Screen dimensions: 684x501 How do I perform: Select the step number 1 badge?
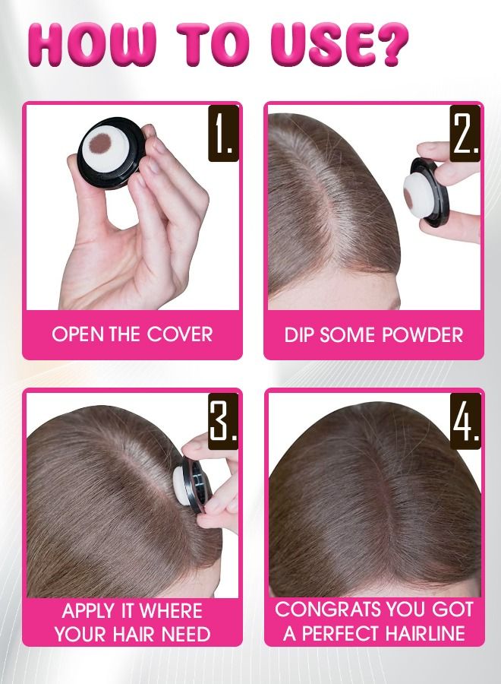click(x=223, y=134)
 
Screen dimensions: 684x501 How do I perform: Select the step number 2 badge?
click(x=465, y=134)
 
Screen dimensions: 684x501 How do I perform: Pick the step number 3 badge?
click(x=223, y=420)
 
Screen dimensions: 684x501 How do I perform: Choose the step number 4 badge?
click(x=465, y=420)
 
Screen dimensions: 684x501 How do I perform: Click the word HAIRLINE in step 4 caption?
click(x=427, y=634)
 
